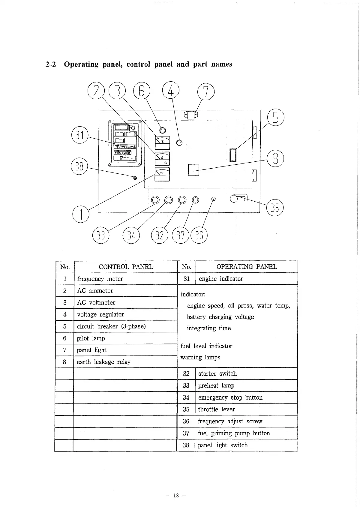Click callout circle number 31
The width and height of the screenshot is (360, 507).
pyautogui.click(x=80, y=135)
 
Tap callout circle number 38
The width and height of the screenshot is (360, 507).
pyautogui.click(x=79, y=166)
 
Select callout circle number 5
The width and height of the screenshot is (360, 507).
pyautogui.click(x=276, y=118)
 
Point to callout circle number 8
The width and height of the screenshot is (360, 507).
pyautogui.click(x=275, y=158)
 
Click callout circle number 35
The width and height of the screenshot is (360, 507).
pyautogui.click(x=275, y=208)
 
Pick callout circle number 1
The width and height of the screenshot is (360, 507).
pyautogui.click(x=81, y=214)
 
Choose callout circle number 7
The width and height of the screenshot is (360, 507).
pyautogui.click(x=206, y=91)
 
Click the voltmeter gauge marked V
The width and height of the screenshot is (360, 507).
pyautogui.click(x=162, y=142)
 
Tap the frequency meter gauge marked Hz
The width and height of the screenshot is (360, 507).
pyautogui.click(x=162, y=174)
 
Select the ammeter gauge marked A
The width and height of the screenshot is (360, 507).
pyautogui.click(x=162, y=159)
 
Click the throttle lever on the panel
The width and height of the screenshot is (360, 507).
pyautogui.click(x=239, y=198)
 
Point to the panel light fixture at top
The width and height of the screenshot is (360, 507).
pyautogui.click(x=191, y=115)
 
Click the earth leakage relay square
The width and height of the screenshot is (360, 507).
pyautogui.click(x=193, y=170)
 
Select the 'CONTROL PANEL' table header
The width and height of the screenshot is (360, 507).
pyautogui.click(x=126, y=267)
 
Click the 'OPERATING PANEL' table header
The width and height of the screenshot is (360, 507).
pyautogui.click(x=247, y=267)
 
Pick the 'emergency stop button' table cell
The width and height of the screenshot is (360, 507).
pyautogui.click(x=230, y=397)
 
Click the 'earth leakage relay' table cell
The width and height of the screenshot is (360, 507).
pyautogui.click(x=103, y=362)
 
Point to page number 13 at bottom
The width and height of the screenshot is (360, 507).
pyautogui.click(x=176, y=496)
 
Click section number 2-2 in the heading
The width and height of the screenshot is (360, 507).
pyautogui.click(x=51, y=64)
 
